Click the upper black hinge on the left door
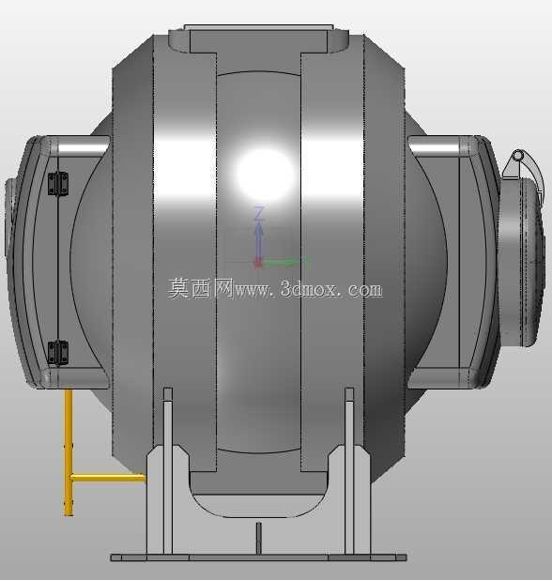coord(58,183)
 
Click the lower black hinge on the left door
coord(58,353)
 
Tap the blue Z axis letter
coord(260,214)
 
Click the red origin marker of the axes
coord(258,263)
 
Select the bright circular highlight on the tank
coord(265,175)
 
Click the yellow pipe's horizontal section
coord(107,478)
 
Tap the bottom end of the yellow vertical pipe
coord(69,514)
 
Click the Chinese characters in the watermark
coord(200,288)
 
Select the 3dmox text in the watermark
coord(308,289)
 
